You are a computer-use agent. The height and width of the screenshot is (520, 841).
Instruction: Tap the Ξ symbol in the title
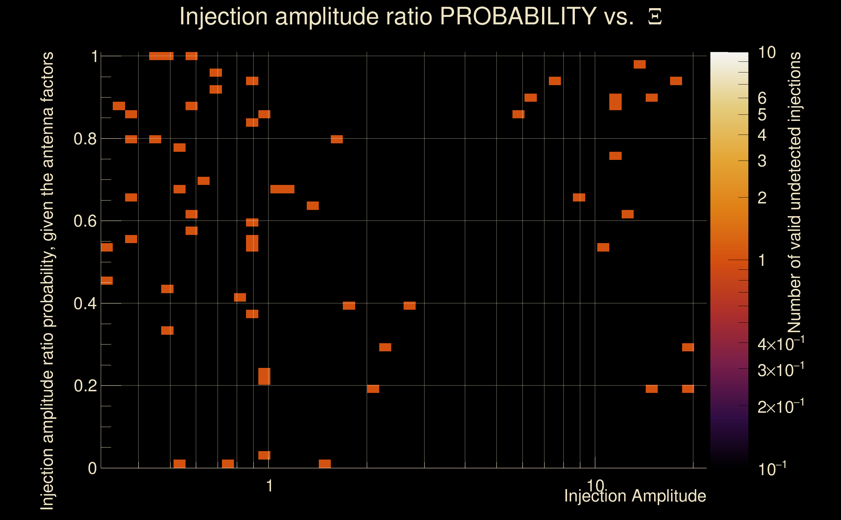pyautogui.click(x=655, y=17)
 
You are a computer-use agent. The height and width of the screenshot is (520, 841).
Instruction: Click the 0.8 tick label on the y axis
pyautogui.click(x=85, y=139)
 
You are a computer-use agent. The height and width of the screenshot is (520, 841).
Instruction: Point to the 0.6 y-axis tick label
pyautogui.click(x=85, y=221)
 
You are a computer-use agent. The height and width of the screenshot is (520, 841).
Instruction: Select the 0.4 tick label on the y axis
pyautogui.click(x=85, y=304)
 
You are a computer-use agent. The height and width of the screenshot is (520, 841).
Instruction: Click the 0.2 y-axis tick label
pyautogui.click(x=85, y=386)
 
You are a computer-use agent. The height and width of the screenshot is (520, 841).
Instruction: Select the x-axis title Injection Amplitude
pyautogui.click(x=635, y=496)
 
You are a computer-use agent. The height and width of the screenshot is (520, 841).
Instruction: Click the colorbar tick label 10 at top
pyautogui.click(x=767, y=53)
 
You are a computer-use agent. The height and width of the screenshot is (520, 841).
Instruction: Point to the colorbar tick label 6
pyautogui.click(x=762, y=98)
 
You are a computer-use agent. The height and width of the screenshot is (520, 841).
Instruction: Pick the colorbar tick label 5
pyautogui.click(x=762, y=115)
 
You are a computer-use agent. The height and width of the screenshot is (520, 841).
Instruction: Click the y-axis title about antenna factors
pyautogui.click(x=47, y=280)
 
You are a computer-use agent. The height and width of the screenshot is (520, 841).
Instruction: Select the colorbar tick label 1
pyautogui.click(x=762, y=260)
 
